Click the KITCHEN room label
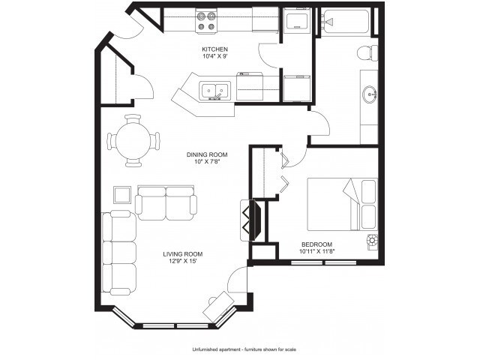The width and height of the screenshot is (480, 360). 215,49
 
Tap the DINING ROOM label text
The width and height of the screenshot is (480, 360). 207,155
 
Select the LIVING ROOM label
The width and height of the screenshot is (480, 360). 183,254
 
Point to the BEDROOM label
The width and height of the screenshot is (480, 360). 316,244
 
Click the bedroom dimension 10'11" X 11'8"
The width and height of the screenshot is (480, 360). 316,252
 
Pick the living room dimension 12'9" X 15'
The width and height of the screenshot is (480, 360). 183,261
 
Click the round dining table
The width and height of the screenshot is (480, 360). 133,141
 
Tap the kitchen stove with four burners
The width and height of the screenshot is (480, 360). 206,21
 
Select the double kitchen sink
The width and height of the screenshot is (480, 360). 215,91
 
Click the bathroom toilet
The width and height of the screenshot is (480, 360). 367,53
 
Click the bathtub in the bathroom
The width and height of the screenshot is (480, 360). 346,22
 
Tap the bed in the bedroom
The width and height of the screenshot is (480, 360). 342,204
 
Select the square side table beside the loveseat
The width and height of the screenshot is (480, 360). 122,195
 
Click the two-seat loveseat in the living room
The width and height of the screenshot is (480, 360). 166,202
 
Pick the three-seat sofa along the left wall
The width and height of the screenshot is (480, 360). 119,253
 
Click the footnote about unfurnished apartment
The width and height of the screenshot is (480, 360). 244,349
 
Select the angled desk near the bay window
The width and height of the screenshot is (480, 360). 219,306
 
